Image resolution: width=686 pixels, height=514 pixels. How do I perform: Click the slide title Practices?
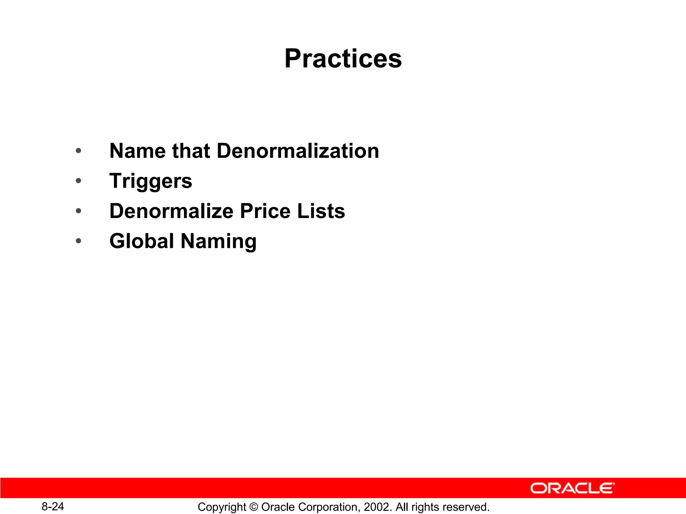point(343,59)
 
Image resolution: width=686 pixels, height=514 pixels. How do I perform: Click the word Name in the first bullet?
point(137,151)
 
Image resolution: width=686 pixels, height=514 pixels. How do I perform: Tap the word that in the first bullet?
point(191,151)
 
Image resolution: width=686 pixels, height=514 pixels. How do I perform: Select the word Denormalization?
point(298,151)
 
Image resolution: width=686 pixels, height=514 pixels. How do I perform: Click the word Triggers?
point(151,181)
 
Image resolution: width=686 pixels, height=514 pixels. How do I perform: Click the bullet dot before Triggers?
point(78,181)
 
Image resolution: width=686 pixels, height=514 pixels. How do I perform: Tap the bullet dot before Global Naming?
point(78,241)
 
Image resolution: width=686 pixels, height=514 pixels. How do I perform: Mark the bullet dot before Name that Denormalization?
point(78,151)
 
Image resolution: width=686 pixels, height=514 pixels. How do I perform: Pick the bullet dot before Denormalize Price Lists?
point(78,211)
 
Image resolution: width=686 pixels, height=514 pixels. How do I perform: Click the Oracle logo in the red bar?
point(572,488)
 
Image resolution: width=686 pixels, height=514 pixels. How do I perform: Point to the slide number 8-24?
point(53,506)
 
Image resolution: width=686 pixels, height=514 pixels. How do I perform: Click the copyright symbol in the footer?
point(254,507)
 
